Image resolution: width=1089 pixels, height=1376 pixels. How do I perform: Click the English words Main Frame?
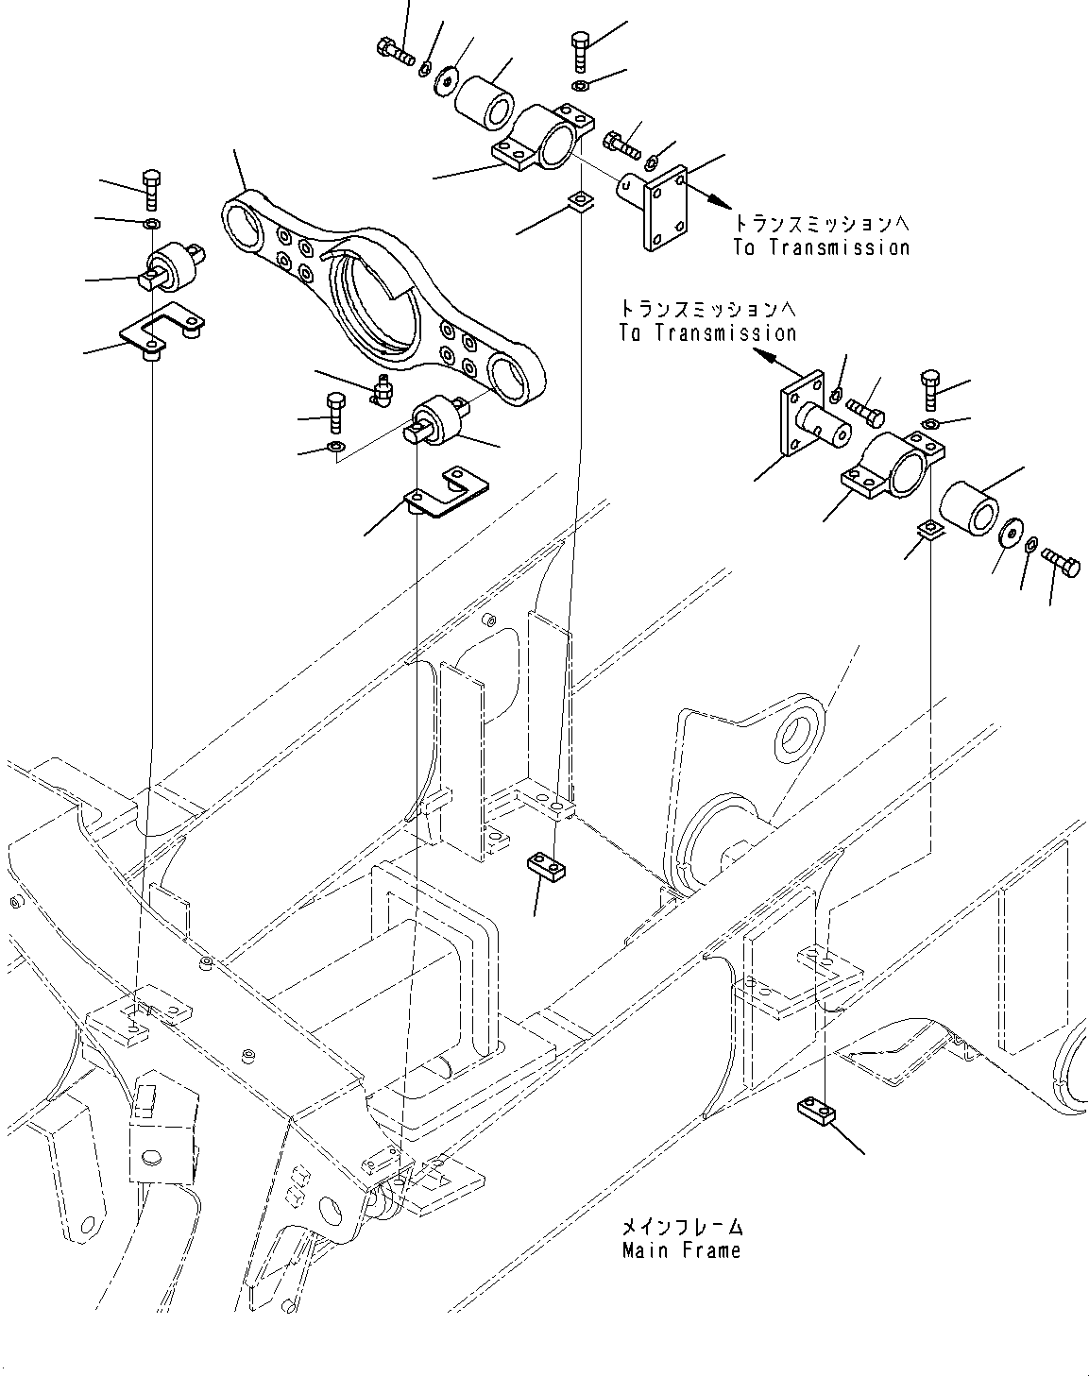coord(681,1249)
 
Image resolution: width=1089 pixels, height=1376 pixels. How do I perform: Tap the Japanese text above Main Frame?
coord(681,1227)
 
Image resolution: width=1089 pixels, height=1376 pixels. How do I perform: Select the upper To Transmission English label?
coord(820,247)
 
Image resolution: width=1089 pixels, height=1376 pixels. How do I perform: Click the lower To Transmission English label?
coord(707,332)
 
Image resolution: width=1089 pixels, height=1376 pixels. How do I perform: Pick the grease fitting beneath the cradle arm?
coord(383,390)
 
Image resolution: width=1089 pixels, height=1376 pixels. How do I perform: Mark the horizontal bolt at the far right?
coord(1062,565)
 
